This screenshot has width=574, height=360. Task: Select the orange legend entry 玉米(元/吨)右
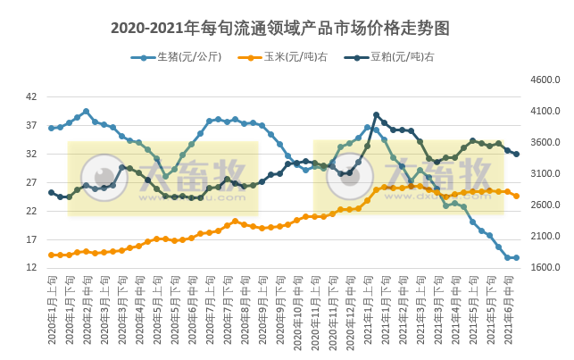click(x=284, y=57)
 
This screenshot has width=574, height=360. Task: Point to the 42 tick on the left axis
click(x=31, y=96)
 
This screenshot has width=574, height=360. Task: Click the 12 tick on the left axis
click(x=31, y=268)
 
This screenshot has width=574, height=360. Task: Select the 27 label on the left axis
click(x=31, y=182)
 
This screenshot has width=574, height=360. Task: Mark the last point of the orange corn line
click(x=516, y=196)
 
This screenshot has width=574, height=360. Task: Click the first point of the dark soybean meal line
click(x=51, y=192)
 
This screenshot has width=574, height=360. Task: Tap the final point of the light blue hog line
click(x=516, y=257)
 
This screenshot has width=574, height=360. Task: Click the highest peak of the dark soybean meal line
click(x=376, y=115)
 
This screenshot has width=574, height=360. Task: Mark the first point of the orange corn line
click(x=51, y=255)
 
